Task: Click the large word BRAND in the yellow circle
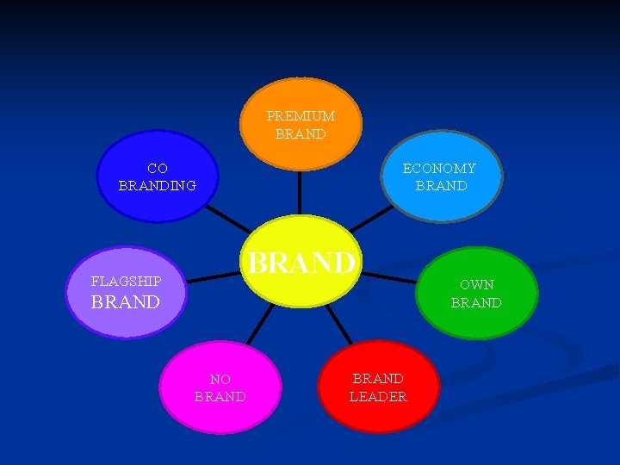(301, 262)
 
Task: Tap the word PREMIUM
(301, 115)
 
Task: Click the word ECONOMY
(439, 169)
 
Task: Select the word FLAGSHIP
(126, 282)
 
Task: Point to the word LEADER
(378, 397)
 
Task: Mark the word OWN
(476, 284)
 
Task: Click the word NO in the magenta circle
(220, 379)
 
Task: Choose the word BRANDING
(158, 185)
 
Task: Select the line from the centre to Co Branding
(228, 218)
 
